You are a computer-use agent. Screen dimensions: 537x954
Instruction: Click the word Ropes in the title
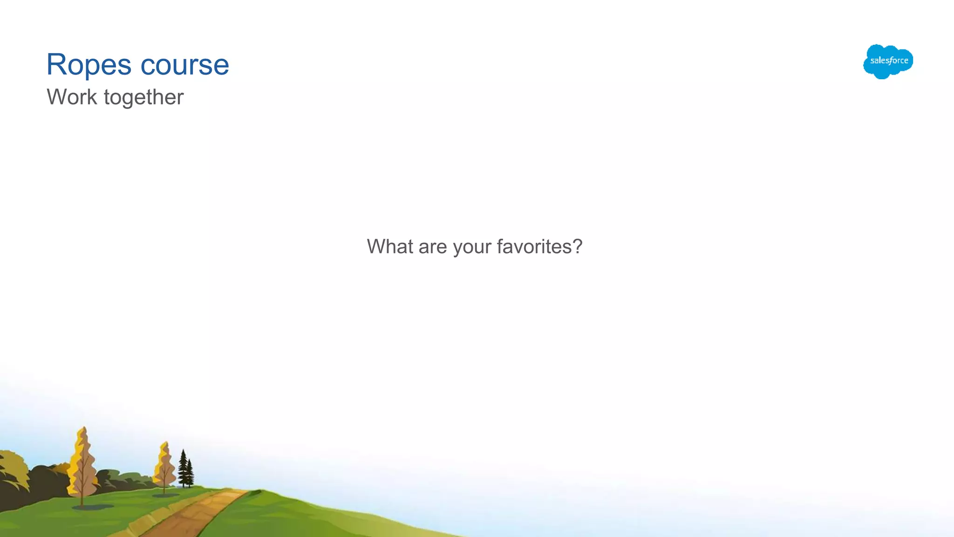pos(89,65)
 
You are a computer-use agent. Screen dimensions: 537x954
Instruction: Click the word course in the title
pos(184,65)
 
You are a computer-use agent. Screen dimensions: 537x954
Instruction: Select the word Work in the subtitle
pos(72,97)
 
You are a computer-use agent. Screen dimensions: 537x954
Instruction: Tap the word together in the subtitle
pos(143,97)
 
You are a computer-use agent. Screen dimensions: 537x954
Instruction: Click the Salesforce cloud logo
pos(888,61)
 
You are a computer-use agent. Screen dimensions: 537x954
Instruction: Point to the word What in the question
pos(390,246)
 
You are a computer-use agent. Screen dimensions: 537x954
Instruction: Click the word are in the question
pos(433,247)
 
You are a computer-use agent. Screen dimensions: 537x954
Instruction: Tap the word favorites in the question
pos(533,246)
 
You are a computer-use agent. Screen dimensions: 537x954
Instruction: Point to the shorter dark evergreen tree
pos(190,473)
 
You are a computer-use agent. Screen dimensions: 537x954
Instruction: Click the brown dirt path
pos(196,513)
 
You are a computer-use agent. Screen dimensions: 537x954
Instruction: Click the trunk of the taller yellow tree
pos(82,494)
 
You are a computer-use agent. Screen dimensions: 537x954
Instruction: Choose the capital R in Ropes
pos(57,64)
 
